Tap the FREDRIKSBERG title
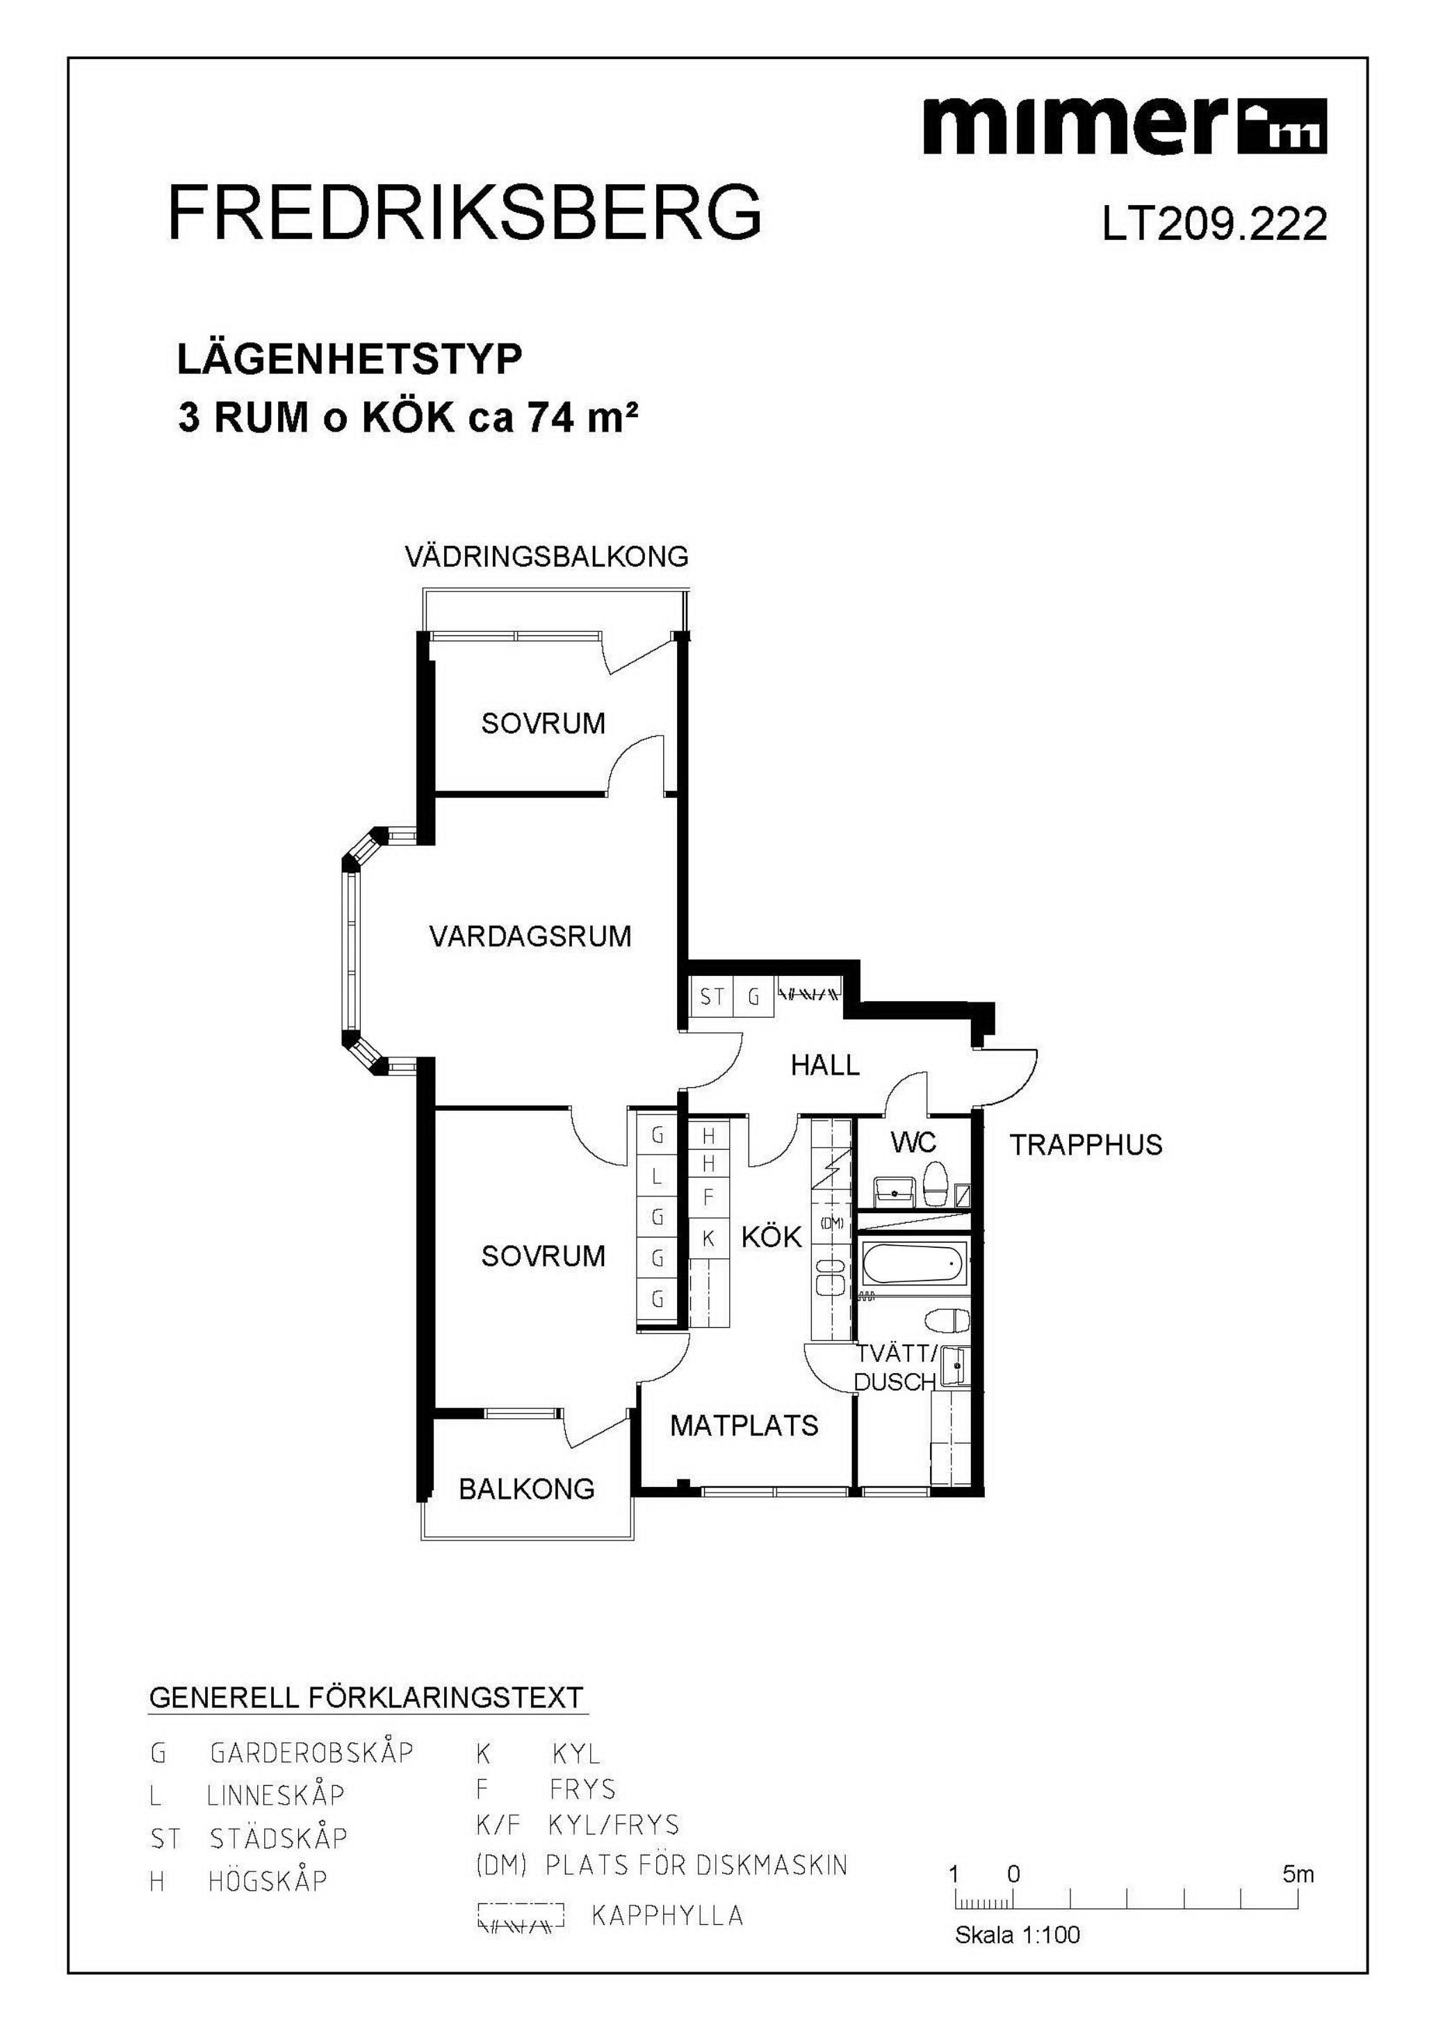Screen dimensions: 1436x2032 [464, 213]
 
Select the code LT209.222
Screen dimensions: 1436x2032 [1214, 225]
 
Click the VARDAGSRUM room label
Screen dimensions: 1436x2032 [530, 936]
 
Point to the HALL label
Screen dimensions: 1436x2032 [824, 1065]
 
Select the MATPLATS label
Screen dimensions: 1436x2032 [744, 1425]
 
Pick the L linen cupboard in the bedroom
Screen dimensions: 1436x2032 [657, 1177]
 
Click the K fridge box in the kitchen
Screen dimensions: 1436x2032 [708, 1239]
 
